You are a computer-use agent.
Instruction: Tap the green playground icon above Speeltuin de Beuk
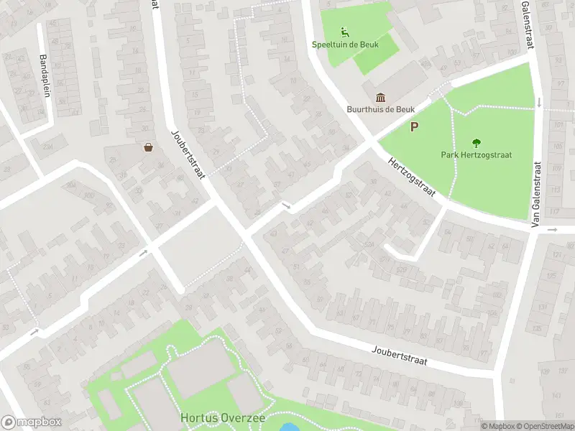pyautogui.click(x=344, y=31)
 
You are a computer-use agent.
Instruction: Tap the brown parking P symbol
pyautogui.click(x=414, y=128)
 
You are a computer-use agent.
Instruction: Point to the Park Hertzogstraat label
pyautogui.click(x=476, y=154)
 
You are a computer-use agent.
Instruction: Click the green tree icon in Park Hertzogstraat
pyautogui.click(x=476, y=142)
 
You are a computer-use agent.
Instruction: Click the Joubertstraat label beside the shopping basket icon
pyautogui.click(x=189, y=155)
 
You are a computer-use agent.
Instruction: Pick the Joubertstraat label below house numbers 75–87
pyautogui.click(x=400, y=356)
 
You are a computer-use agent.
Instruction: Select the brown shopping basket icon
pyautogui.click(x=149, y=147)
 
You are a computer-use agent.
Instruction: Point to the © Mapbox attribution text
pyautogui.click(x=497, y=426)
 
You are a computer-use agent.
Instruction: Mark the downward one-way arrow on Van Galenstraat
pyautogui.click(x=539, y=101)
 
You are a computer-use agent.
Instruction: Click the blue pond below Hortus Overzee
pyautogui.click(x=288, y=427)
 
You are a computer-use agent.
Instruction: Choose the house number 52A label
pyautogui.click(x=369, y=245)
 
